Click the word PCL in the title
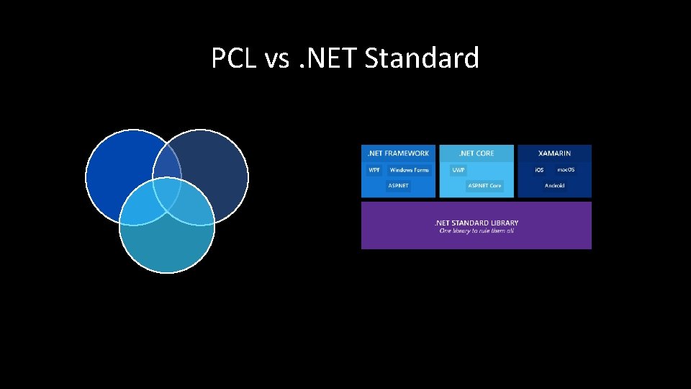tap(234, 58)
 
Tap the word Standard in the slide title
tap(422, 58)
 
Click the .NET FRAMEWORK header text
tap(398, 153)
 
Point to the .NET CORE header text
tap(477, 153)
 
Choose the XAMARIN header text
tap(554, 153)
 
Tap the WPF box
tap(374, 170)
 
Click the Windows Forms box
tap(409, 170)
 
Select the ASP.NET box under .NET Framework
tap(398, 186)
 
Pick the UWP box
tap(459, 170)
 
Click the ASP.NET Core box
tap(484, 186)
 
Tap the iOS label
tap(539, 170)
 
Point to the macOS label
tap(566, 170)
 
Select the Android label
tap(554, 186)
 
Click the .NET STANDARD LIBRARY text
tap(476, 223)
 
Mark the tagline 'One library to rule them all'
tap(476, 231)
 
